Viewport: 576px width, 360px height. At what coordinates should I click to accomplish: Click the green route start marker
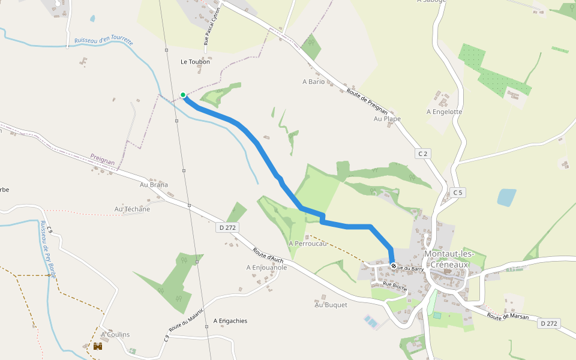[183, 95]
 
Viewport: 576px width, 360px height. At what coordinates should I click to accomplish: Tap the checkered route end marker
[394, 266]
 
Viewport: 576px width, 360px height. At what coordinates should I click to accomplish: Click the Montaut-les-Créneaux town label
[449, 259]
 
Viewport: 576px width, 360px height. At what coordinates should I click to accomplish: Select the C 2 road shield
[423, 154]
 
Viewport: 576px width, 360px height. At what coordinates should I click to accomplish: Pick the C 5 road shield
[458, 193]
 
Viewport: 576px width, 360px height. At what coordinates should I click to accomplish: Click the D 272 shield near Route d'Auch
[228, 227]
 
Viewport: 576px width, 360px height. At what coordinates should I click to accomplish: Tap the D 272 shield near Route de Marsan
[548, 323]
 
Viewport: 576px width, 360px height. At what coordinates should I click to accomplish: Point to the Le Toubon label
[196, 62]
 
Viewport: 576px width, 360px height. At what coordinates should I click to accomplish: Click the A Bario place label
[313, 82]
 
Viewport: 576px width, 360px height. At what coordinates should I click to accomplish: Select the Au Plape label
[387, 119]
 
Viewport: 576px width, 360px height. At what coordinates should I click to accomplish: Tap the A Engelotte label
[444, 112]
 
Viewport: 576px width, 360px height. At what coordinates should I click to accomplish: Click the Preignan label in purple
[102, 159]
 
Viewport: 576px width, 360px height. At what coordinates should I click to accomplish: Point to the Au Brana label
[154, 185]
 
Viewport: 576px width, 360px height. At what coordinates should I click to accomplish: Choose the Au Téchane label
[132, 209]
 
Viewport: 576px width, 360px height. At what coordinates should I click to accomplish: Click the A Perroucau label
[307, 244]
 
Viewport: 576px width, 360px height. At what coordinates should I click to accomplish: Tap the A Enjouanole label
[266, 268]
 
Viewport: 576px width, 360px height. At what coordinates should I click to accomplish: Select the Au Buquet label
[331, 305]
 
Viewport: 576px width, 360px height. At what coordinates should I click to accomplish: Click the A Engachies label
[230, 321]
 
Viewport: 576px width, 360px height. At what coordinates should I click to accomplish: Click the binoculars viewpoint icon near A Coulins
[98, 346]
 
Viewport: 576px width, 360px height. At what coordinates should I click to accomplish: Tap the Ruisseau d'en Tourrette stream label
[104, 41]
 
